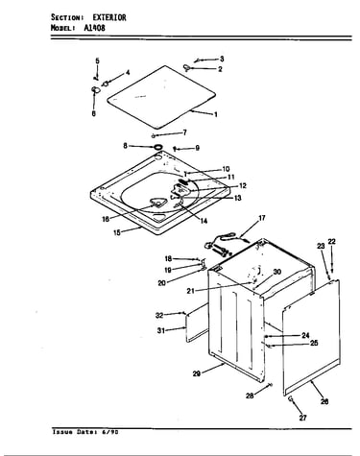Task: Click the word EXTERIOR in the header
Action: [x=109, y=17]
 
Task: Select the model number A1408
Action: [x=94, y=28]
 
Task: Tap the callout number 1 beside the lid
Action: [x=216, y=114]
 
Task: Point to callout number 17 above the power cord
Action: [x=262, y=218]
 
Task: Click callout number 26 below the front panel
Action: [x=324, y=401]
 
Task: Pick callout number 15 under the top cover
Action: [x=117, y=232]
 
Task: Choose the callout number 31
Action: [x=161, y=330]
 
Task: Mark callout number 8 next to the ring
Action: [x=125, y=146]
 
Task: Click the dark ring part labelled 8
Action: [x=157, y=147]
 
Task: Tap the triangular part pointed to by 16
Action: [x=157, y=203]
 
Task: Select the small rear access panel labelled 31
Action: [x=196, y=324]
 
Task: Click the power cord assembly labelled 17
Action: [x=221, y=246]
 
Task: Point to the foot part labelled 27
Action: [x=291, y=398]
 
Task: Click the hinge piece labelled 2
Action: [x=187, y=67]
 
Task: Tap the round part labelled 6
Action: [x=95, y=89]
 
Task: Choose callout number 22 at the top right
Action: [x=332, y=242]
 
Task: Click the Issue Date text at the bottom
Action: [x=85, y=432]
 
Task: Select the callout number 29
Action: [x=197, y=373]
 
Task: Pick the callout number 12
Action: [x=243, y=185]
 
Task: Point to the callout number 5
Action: [x=97, y=60]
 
